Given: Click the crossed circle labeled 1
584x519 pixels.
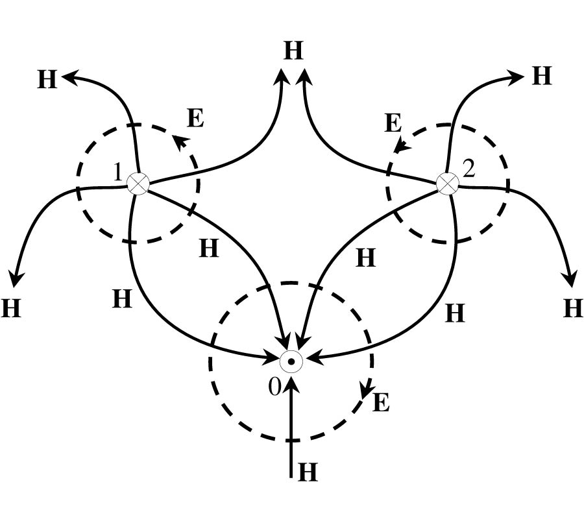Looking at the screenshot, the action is (138, 183).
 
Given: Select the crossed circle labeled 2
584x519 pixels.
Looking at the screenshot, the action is (447, 184).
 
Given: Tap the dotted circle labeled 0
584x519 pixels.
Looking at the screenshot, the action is (291, 361).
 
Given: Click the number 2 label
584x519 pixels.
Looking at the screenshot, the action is (468, 169).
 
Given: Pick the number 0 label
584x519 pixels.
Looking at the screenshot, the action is (274, 387).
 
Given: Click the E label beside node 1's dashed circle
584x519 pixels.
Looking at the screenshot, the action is (195, 118).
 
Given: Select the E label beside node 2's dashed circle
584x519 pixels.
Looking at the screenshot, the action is (393, 123).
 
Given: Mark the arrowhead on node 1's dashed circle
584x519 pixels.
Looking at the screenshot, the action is (182, 143).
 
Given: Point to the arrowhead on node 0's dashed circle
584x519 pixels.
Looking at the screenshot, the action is (367, 389).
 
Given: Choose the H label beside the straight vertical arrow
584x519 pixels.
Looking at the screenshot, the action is (308, 472).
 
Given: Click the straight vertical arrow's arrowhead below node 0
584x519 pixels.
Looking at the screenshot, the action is (291, 384).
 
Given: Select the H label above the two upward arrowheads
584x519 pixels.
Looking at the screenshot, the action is (293, 51).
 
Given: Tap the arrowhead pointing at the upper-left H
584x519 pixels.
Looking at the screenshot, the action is (71, 77).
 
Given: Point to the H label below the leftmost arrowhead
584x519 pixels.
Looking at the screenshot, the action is (11, 308).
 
